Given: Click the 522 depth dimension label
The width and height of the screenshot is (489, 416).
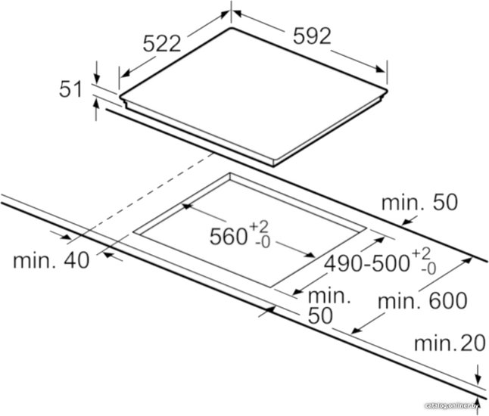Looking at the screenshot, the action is point(162,43).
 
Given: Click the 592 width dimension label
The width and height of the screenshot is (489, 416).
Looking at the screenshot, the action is point(312,36).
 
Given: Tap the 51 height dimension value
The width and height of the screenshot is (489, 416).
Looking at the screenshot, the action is point(71,89).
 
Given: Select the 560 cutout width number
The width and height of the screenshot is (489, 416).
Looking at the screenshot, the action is point(229,237).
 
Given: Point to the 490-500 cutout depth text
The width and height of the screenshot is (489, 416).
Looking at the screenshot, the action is point(366,264).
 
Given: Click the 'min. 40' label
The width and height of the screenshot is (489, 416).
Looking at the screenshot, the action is point(51,260).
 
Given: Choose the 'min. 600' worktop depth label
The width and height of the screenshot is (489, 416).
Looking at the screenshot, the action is point(422,301).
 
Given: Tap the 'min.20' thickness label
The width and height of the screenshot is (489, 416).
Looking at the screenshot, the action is point(450,343).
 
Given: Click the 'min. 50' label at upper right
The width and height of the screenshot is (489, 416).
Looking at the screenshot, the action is point(420,203).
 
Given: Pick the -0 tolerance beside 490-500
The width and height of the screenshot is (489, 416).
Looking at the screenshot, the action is point(428,269).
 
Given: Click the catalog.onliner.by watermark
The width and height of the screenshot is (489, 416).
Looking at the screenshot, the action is point(452,405).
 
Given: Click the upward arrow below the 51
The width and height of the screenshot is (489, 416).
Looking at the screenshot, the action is point(97,110).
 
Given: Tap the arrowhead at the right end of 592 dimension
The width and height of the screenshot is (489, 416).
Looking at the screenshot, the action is point(381,69).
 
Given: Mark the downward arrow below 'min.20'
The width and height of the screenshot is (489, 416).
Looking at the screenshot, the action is point(477,374).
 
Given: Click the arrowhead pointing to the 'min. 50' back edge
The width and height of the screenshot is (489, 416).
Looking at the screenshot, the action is point(406,222).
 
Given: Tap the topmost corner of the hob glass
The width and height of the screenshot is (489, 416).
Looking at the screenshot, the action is point(231,28).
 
